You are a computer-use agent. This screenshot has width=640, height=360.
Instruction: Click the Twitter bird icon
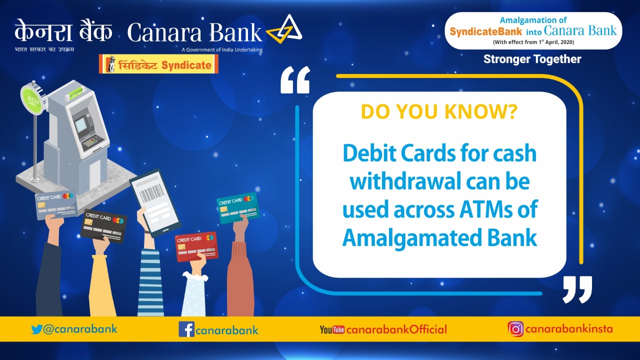click(37, 329)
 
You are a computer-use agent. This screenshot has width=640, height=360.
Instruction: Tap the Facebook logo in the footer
click(186, 329)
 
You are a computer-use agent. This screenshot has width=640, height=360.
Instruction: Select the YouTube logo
click(332, 330)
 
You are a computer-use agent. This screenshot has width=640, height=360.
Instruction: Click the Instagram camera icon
click(515, 329)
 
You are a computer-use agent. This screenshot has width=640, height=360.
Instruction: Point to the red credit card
click(196, 246)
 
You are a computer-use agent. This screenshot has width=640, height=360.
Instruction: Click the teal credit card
click(238, 207)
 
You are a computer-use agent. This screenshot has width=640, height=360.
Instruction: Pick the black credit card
click(104, 225)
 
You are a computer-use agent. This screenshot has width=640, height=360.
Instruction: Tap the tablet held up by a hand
click(155, 202)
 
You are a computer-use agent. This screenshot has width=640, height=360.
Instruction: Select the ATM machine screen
click(81, 122)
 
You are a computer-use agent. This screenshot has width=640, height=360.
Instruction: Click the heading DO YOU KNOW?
click(439, 112)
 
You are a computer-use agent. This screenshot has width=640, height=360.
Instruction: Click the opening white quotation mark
click(295, 80)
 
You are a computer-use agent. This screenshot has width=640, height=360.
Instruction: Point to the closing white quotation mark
click(577, 289)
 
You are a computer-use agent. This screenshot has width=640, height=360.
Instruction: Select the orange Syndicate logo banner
click(158, 64)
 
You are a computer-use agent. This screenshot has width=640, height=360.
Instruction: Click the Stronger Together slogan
click(532, 59)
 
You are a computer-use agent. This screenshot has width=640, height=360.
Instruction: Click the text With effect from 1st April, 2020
click(533, 42)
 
